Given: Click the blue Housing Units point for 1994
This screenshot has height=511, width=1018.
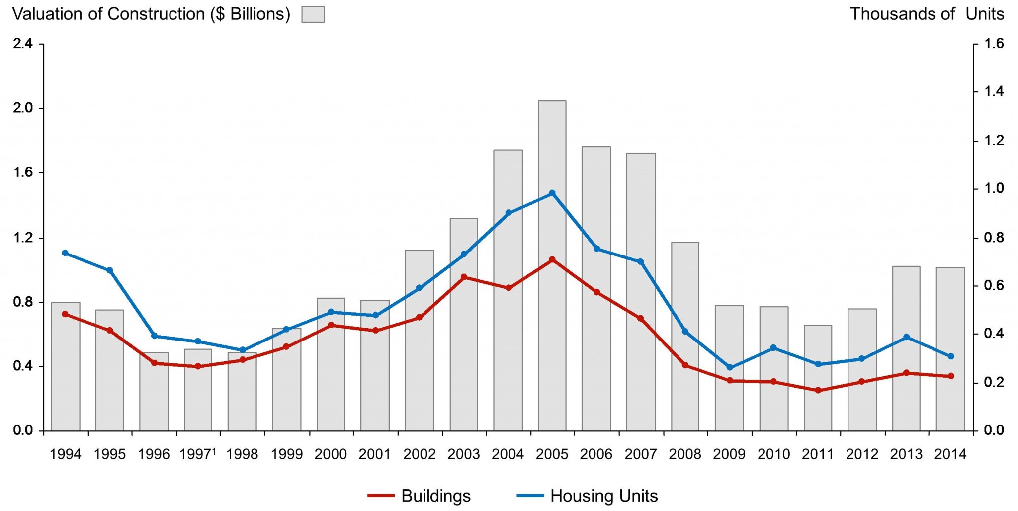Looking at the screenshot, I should [65, 253].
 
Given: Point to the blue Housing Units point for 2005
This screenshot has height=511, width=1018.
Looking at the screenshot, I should [552, 193].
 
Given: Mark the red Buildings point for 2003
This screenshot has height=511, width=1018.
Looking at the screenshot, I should [464, 277].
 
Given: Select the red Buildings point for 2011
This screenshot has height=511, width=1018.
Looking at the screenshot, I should [818, 390].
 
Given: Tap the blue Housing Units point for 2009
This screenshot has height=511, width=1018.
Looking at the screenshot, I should [730, 367].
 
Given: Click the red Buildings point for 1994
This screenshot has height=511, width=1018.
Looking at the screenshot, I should [65, 314].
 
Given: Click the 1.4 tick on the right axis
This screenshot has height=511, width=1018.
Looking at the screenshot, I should [994, 91].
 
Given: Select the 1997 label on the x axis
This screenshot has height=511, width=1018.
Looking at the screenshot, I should [197, 454].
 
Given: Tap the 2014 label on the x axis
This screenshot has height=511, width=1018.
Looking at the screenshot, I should [950, 454].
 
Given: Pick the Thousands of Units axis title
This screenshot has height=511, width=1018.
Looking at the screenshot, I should [927, 14].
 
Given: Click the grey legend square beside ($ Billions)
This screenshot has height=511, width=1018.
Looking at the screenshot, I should [313, 14].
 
